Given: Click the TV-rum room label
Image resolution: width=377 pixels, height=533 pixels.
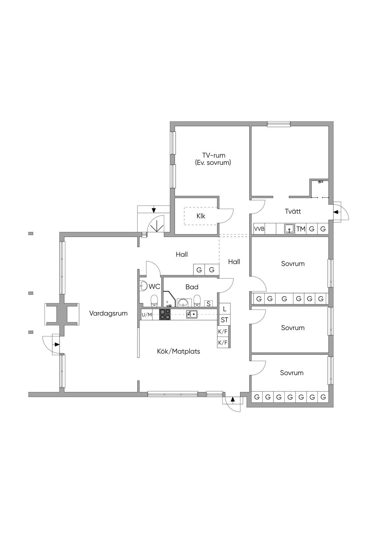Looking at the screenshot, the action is (x=214, y=155).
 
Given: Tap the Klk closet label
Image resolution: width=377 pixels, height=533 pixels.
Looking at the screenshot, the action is (x=201, y=216).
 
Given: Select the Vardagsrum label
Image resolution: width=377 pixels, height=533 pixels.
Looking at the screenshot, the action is (x=108, y=313).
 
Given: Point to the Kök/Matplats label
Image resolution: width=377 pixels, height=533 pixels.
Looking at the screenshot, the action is (x=179, y=351).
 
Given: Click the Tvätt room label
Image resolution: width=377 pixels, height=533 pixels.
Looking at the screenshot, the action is (x=293, y=211).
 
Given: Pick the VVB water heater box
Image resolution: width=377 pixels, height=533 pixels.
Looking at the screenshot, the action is (x=259, y=229).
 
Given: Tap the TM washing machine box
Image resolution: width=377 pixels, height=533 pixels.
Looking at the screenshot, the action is (x=300, y=229).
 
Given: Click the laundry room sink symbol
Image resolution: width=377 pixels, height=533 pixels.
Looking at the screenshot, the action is (x=289, y=229).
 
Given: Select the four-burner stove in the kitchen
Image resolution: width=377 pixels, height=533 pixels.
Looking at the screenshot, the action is (x=165, y=314).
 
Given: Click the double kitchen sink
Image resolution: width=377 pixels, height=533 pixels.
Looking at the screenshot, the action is (x=191, y=314).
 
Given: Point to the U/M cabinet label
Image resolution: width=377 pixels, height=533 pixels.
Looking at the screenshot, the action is (x=147, y=315).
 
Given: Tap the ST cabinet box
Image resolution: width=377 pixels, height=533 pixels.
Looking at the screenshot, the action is (x=224, y=320).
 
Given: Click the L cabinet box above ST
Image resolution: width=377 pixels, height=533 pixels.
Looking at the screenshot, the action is (x=225, y=309).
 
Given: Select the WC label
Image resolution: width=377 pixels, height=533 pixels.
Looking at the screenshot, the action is (x=155, y=286).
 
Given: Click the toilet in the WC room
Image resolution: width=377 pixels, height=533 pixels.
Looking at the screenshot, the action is (x=154, y=301).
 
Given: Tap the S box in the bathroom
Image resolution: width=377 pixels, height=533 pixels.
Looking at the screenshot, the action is (x=208, y=304).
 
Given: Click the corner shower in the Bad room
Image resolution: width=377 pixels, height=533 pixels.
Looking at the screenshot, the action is (x=169, y=299).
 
